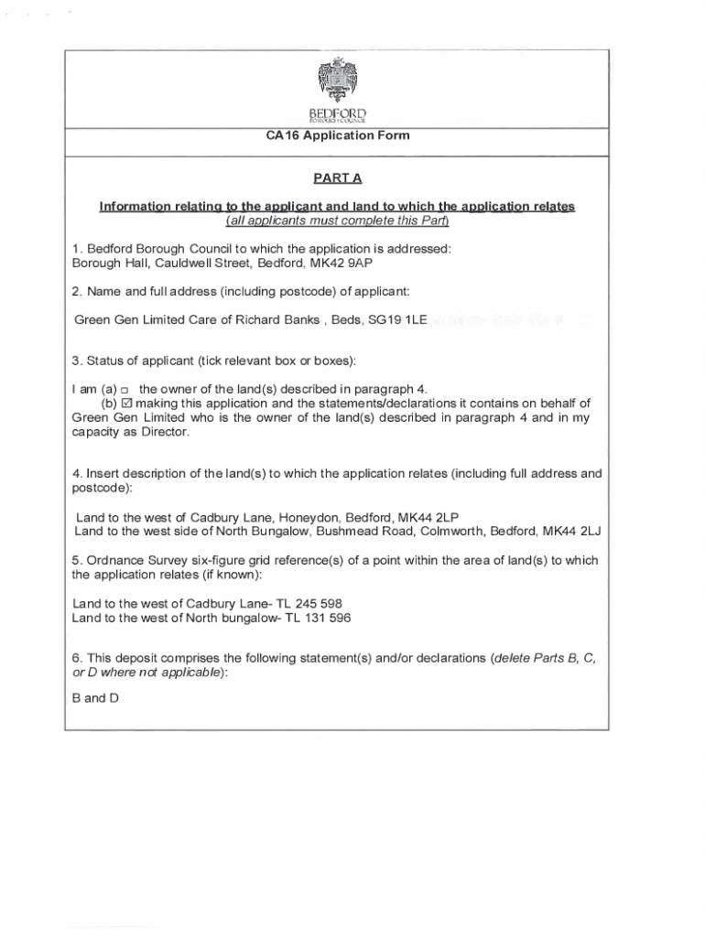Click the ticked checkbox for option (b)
coord(127,404)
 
